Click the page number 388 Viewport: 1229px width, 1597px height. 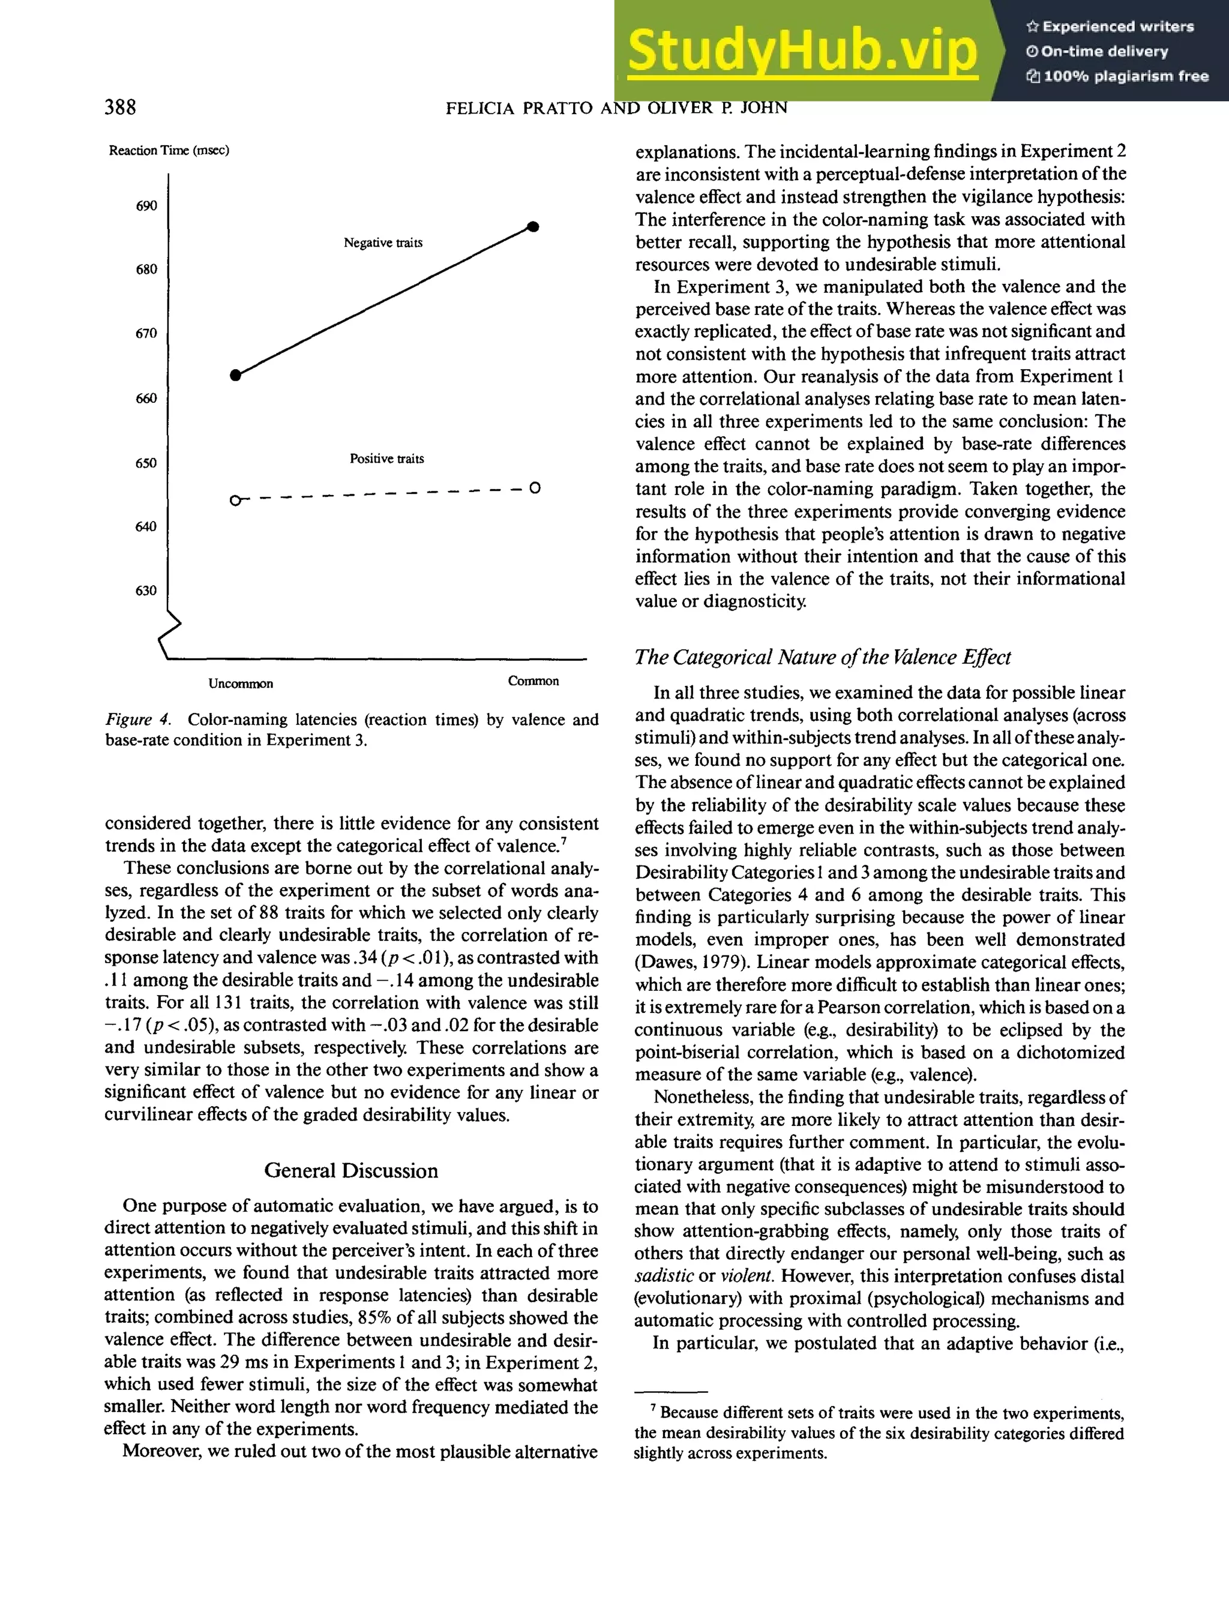[120, 107]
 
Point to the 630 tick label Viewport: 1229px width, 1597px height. [146, 591]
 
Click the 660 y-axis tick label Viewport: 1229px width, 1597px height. [146, 398]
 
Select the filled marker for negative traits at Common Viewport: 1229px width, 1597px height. [533, 227]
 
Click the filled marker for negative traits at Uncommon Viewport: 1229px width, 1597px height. [235, 375]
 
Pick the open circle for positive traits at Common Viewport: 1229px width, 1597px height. [535, 488]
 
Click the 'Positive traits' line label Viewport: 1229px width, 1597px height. [386, 459]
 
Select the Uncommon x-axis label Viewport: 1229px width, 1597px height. [241, 684]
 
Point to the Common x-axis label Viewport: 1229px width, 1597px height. [533, 681]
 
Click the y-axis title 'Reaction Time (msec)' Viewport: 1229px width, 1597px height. [169, 151]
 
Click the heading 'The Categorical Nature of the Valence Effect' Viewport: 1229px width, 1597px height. [823, 657]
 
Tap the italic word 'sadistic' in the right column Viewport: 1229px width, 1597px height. [663, 1276]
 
